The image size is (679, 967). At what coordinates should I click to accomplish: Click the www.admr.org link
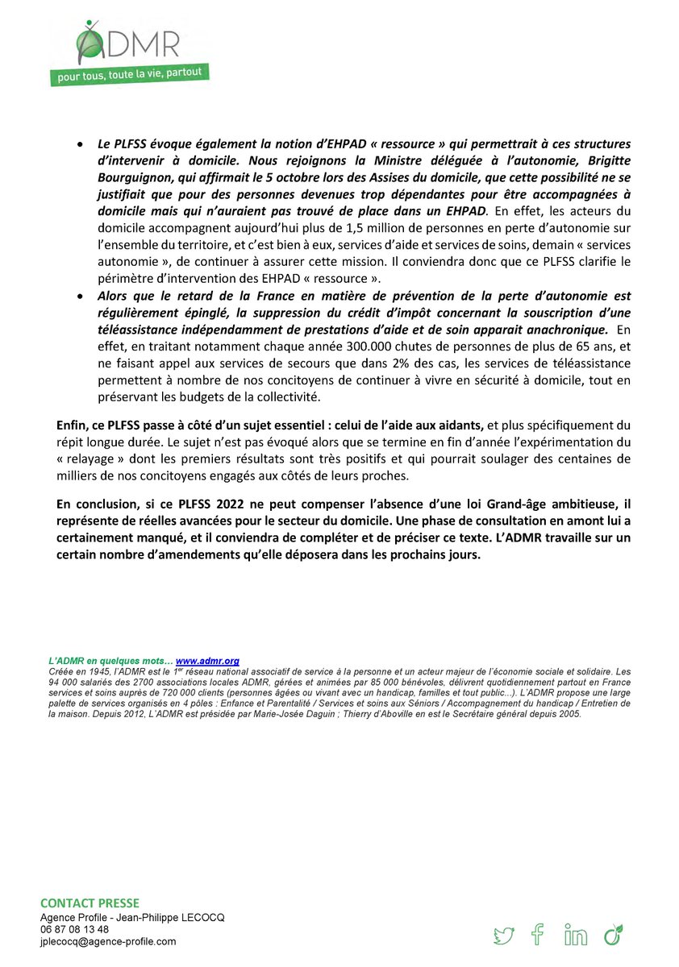pos(207,661)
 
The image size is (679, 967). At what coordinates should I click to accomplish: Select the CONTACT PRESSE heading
pos(90,903)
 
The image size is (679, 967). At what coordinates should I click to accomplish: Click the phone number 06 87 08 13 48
pos(75,929)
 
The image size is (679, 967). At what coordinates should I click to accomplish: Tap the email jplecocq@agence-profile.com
pos(108,941)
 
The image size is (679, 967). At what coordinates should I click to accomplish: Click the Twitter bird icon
pos(504,936)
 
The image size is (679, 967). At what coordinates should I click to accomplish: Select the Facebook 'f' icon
pos(538,935)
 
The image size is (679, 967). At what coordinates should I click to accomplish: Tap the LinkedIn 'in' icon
pos(576,936)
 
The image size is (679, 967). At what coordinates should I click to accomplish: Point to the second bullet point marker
pos(78,297)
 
